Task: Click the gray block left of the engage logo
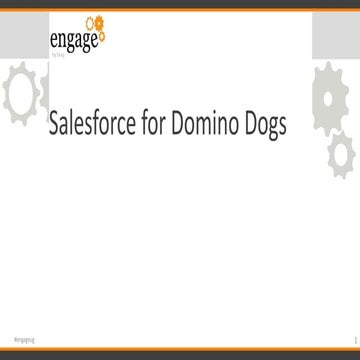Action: (22, 34)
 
